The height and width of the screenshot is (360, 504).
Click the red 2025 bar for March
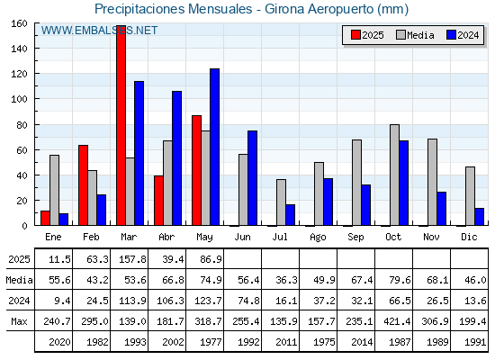pyautogui.click(x=121, y=125)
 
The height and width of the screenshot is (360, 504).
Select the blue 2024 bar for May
pyautogui.click(x=215, y=147)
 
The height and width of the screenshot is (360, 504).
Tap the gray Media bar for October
pyautogui.click(x=394, y=175)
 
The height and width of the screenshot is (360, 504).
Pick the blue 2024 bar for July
pyautogui.click(x=290, y=215)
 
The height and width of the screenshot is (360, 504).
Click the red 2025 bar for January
pyautogui.click(x=45, y=218)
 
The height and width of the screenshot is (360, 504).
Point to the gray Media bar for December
pyautogui.click(x=470, y=196)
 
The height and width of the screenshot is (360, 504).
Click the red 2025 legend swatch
pyautogui.click(x=355, y=35)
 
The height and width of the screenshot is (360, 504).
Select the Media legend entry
pyautogui.click(x=415, y=35)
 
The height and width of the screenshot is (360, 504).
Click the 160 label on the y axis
pyautogui.click(x=19, y=23)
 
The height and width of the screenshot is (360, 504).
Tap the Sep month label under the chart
pyautogui.click(x=355, y=238)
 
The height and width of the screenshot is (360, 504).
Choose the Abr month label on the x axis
pyautogui.click(x=166, y=237)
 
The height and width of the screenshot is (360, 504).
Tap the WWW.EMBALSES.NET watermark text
pyautogui.click(x=99, y=31)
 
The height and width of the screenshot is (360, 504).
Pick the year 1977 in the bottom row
pyautogui.click(x=211, y=342)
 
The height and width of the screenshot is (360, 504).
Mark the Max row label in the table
pyautogui.click(x=19, y=321)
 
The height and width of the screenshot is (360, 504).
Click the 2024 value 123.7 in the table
pyautogui.click(x=208, y=301)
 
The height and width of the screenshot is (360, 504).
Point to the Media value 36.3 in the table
pyautogui.click(x=286, y=280)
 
